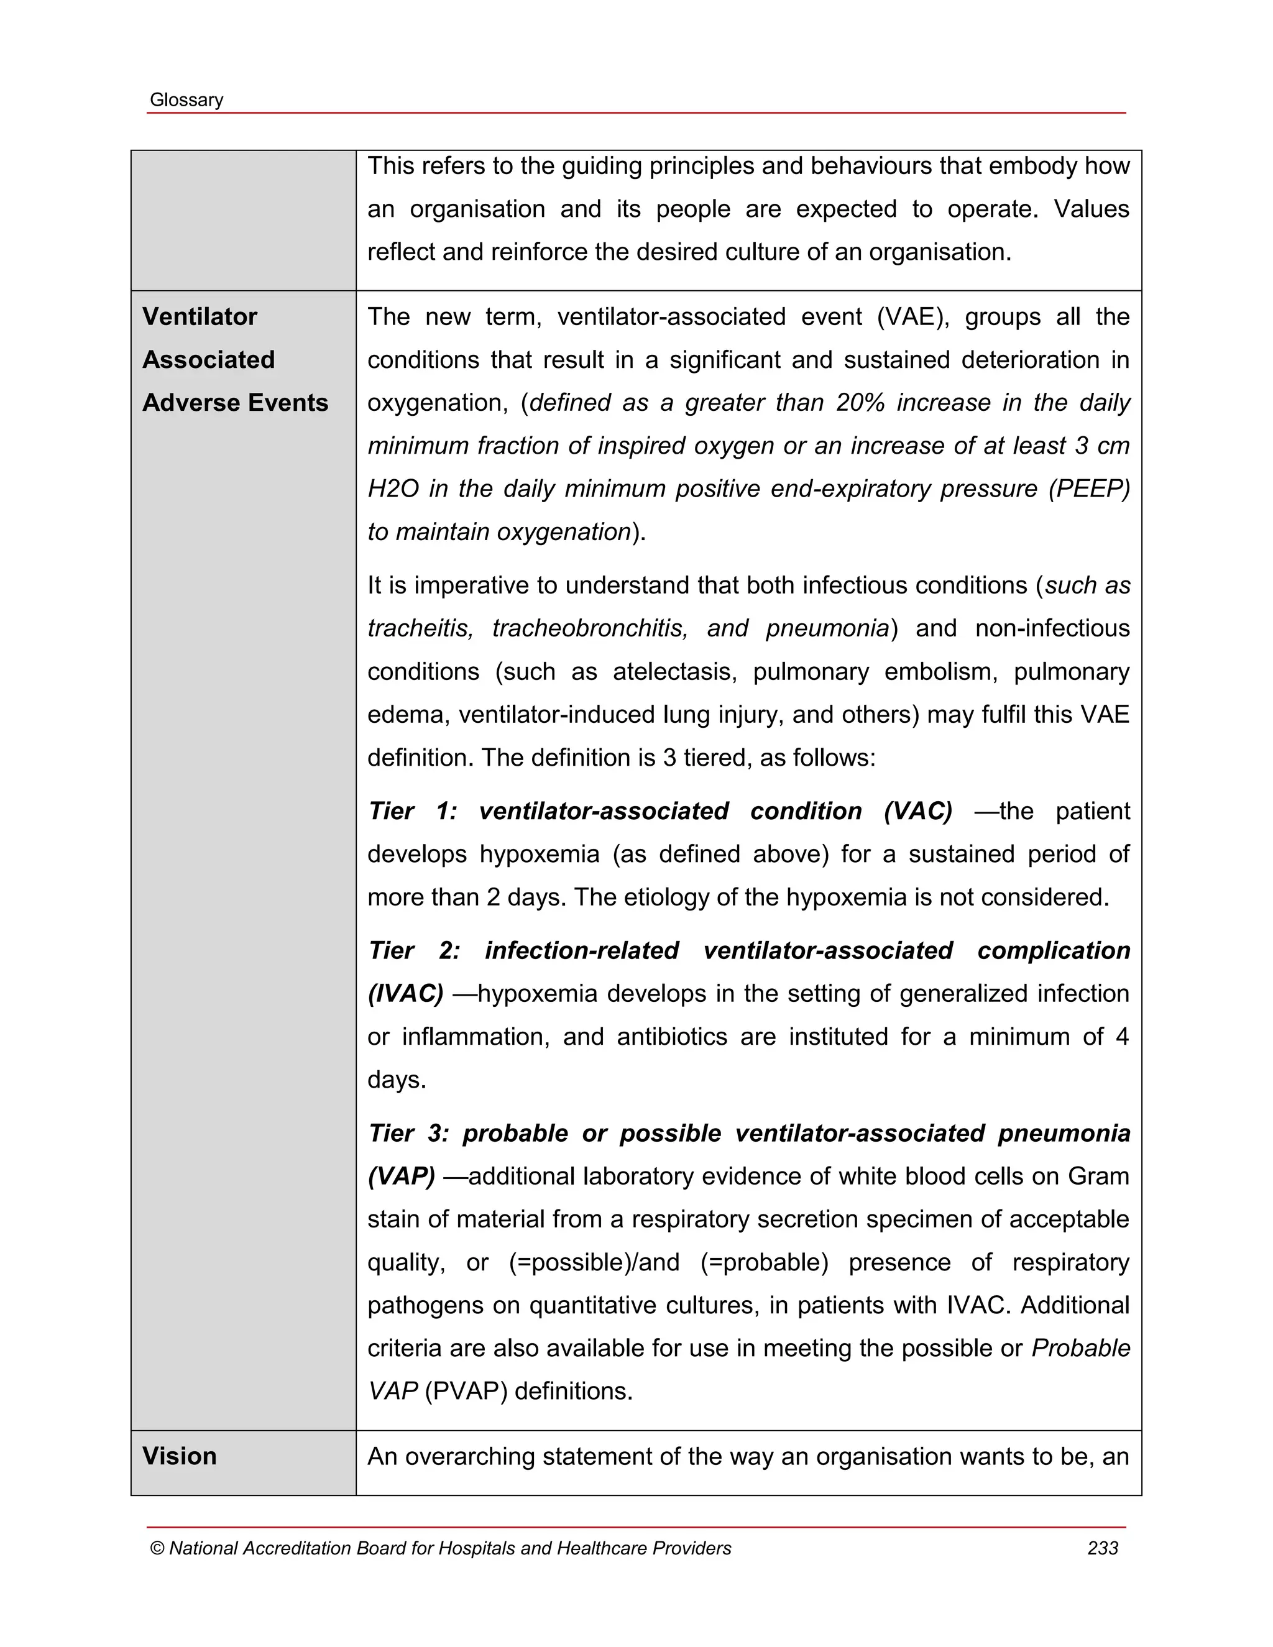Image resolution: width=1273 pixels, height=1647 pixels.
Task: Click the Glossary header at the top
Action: coord(186,100)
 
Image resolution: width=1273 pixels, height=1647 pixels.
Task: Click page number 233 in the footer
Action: coord(1103,1548)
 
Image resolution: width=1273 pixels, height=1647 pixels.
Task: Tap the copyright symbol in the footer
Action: coord(157,1549)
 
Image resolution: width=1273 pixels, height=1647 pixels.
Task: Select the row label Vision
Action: coord(180,1456)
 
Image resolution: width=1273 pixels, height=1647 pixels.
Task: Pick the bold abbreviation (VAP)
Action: coord(401,1177)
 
